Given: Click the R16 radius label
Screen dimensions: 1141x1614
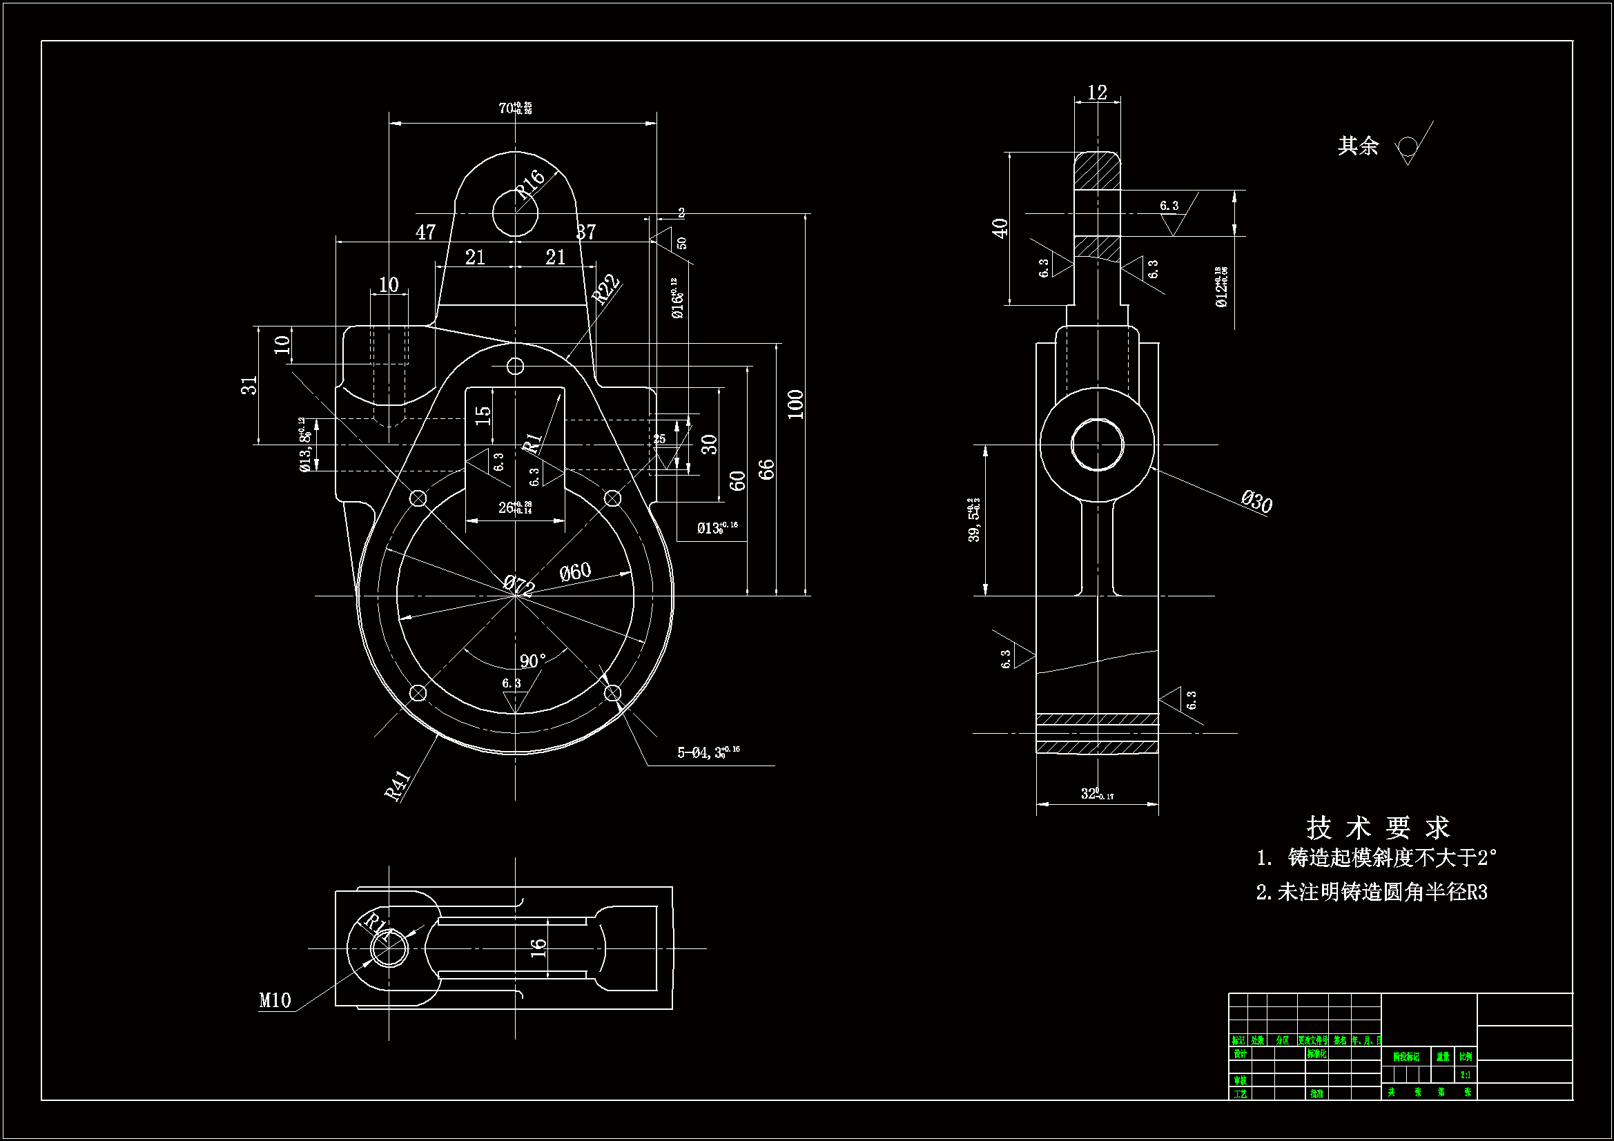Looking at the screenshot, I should point(530,184).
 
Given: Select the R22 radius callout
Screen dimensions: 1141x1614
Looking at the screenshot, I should point(605,289).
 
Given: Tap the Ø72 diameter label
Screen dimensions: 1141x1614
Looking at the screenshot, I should point(519,584).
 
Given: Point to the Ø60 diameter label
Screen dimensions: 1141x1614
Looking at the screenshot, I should point(575,572).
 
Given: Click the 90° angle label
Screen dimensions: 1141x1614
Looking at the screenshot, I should point(532,661).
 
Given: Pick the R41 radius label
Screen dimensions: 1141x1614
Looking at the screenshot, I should point(398,786).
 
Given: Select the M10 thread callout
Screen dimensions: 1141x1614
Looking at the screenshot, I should point(275,1000).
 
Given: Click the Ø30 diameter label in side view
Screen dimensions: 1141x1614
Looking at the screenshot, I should point(1256,502).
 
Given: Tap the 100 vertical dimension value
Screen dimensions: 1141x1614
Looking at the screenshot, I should point(795,404).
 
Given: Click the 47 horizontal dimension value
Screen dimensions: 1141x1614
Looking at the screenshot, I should point(426,233).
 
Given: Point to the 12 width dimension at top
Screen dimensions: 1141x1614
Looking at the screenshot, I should point(1097,92).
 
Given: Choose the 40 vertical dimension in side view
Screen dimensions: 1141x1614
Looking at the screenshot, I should point(1000,228).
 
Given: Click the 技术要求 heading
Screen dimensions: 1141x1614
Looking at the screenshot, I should point(1378,828).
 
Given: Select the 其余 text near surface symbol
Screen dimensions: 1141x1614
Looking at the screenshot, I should point(1357,146).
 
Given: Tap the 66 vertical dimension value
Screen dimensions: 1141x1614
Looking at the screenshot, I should point(766,469).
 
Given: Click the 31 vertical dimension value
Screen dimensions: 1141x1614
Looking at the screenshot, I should point(249,385).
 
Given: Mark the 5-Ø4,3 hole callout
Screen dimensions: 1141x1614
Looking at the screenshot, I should point(708,753).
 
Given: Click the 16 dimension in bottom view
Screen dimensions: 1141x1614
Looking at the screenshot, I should point(538,948).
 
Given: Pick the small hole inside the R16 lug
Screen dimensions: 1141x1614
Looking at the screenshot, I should point(515,213).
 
